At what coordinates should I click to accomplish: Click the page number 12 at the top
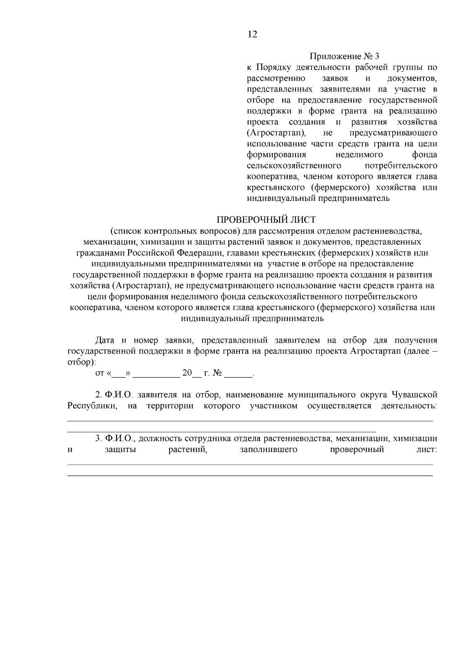coord(253,35)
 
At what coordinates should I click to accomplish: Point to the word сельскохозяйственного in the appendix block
coord(294,166)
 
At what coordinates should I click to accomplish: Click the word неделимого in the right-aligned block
coord(359,155)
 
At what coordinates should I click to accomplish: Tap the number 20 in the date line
coord(186,373)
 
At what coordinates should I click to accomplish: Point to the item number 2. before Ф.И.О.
coord(99,394)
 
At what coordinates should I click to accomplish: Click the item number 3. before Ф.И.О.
coord(99,438)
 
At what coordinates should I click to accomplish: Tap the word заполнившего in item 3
coord(268,450)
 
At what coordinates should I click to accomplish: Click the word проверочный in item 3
coord(357,450)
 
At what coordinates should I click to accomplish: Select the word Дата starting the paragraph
coord(105,340)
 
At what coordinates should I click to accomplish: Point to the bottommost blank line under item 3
coord(250,476)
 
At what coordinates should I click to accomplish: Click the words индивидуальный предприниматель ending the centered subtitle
coord(252,319)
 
